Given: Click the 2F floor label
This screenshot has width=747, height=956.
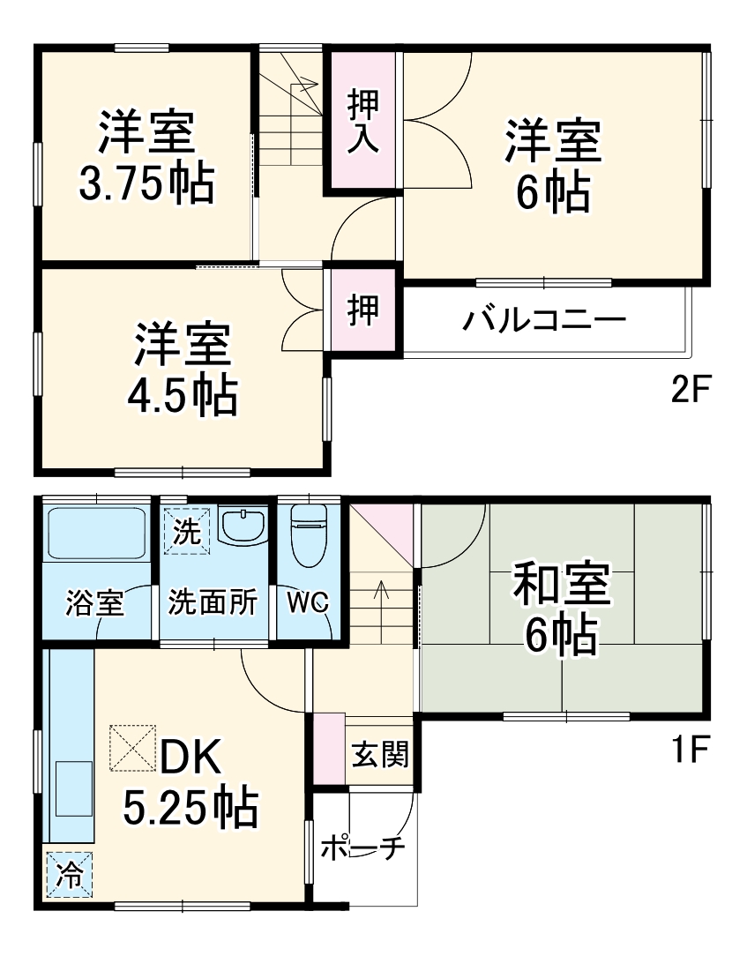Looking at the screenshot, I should [x=691, y=389].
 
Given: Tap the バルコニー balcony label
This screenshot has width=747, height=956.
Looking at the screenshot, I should [x=544, y=318].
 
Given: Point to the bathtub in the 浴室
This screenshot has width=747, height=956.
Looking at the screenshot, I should [x=97, y=532].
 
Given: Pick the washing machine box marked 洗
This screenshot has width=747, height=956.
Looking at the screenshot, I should [x=187, y=533].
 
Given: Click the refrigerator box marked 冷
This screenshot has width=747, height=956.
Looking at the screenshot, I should [x=68, y=875].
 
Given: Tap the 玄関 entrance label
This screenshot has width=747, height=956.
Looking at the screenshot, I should [x=380, y=755].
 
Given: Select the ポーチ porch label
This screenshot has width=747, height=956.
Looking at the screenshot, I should [x=362, y=848].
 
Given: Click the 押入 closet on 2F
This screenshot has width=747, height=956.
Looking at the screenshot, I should [x=362, y=122].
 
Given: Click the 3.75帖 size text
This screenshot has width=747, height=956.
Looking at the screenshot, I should [x=146, y=183].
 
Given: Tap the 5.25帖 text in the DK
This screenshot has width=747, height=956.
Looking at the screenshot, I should [x=190, y=806].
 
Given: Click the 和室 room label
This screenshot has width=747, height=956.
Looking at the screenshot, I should [x=563, y=587].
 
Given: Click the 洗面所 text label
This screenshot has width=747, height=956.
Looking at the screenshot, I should [x=213, y=604].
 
